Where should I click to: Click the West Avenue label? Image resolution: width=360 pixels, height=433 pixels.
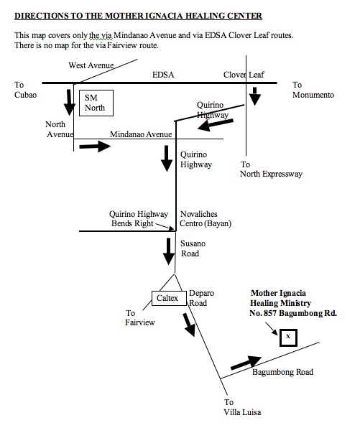pos(91,65)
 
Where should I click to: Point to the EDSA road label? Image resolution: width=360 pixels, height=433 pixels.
pos(163,75)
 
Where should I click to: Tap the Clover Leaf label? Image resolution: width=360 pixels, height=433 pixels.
pos(244,75)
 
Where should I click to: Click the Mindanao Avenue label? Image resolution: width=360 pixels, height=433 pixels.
pos(141,134)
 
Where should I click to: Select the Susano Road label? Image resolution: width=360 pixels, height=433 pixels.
pos(193,248)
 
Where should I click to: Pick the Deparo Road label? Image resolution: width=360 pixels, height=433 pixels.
pos(201,298)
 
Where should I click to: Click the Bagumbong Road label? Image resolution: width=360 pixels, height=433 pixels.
pos(282,372)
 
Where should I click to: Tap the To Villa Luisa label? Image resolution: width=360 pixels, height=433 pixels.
pos(242,407)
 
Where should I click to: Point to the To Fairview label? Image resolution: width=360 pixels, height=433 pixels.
pos(140,318)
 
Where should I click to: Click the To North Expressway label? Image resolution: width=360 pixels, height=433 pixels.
pos(271,169)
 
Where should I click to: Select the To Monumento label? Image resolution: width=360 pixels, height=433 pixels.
pos(313,90)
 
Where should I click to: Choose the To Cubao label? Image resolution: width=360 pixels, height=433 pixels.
pos(25,90)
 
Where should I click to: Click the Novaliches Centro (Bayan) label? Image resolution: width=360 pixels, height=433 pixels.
pos(206,219)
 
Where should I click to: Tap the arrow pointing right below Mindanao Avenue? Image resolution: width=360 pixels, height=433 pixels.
pos(95,146)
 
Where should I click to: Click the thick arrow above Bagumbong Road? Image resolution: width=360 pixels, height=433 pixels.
pos(246,363)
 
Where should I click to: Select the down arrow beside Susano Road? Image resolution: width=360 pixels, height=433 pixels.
pos(169,251)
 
